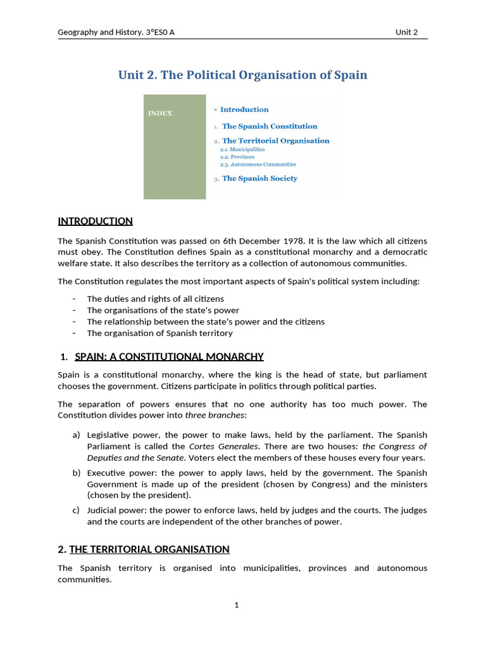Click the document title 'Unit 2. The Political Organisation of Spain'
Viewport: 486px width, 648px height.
(242, 75)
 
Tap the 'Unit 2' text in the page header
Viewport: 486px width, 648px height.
(406, 32)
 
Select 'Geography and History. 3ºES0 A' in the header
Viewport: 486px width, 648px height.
(116, 32)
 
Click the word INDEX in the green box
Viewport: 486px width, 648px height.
(160, 114)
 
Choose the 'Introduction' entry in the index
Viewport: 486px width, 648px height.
(244, 109)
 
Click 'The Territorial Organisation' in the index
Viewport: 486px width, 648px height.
(275, 140)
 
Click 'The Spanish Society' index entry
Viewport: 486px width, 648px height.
(259, 178)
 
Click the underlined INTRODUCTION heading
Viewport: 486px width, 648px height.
(95, 221)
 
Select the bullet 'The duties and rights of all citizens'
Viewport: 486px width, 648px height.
(155, 299)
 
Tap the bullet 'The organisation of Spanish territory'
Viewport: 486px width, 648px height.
(159, 333)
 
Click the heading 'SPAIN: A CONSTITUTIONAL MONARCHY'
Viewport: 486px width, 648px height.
(169, 357)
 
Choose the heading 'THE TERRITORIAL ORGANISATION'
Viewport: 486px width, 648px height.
(149, 549)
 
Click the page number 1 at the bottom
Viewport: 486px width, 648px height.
(237, 606)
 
